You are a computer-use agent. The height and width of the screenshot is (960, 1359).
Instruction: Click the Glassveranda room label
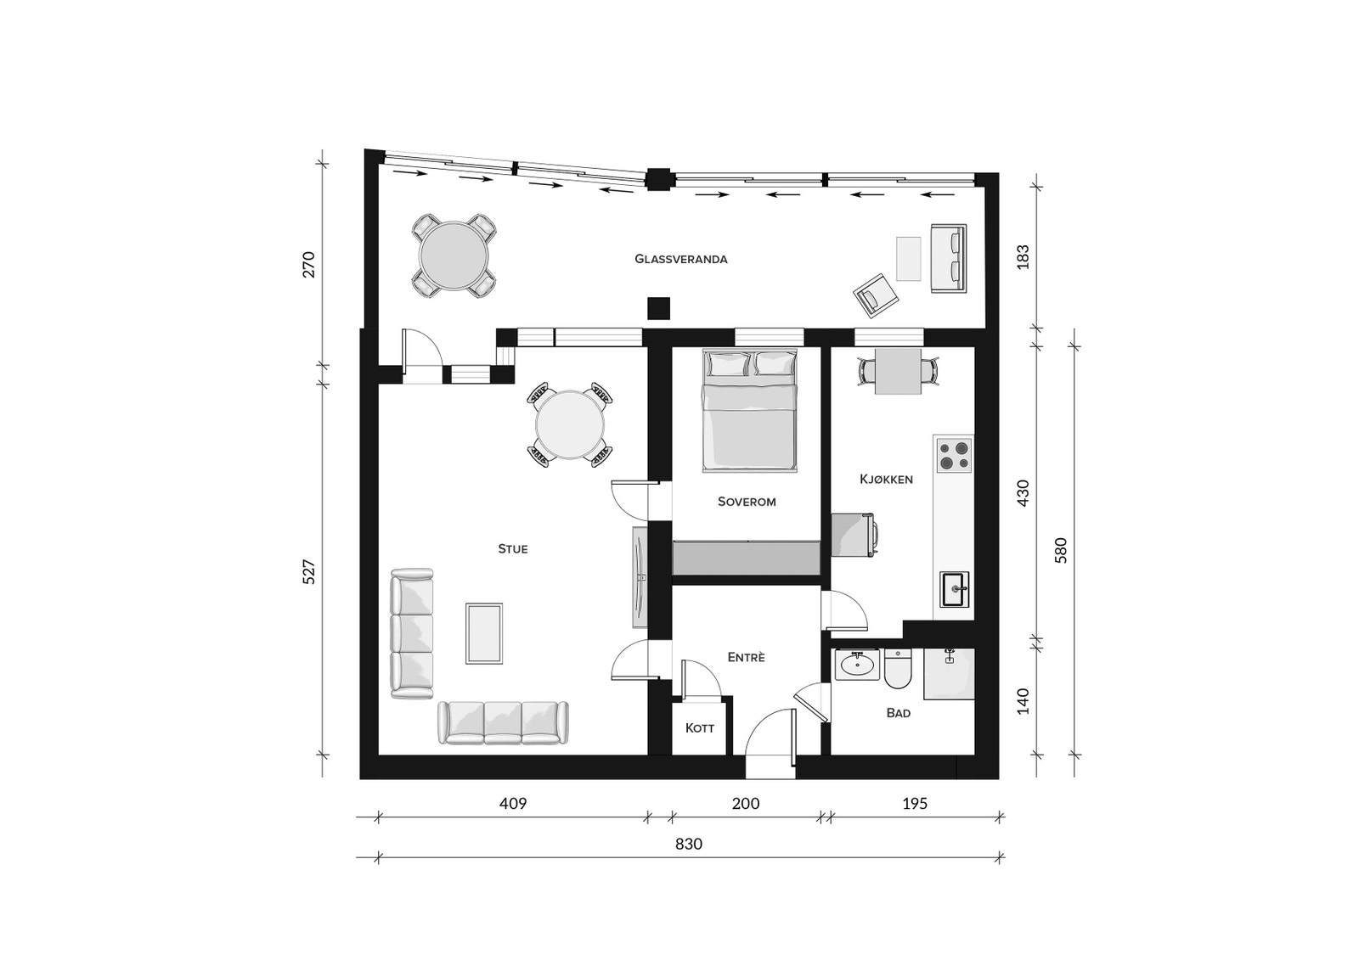point(680,260)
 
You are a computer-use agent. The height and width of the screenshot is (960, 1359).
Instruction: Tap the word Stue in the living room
point(513,549)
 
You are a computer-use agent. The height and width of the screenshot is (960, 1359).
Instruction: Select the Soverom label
point(747,502)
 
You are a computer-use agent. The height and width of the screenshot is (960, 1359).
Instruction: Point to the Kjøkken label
point(887,479)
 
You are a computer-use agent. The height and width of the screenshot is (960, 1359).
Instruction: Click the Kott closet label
point(700,727)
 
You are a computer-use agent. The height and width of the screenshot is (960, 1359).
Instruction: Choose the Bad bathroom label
point(899,713)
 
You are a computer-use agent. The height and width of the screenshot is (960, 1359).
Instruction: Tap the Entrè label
point(747,657)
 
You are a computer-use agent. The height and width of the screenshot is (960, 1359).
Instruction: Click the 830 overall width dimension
point(689,845)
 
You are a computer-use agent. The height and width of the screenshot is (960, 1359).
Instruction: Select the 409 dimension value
point(513,804)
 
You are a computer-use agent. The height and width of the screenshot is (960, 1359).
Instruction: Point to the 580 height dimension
point(1061,551)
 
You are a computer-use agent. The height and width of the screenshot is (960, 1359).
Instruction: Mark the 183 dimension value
point(1023,256)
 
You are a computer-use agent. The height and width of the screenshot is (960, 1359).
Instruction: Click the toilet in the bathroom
point(897,669)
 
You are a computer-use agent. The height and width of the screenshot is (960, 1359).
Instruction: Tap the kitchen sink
point(955,589)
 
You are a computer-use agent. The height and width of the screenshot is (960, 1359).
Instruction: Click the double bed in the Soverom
point(749,410)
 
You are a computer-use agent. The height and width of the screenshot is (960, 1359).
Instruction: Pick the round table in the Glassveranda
point(454,255)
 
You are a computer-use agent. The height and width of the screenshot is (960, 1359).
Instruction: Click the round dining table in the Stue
point(570,424)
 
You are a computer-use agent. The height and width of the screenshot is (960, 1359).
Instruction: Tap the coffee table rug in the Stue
point(484,633)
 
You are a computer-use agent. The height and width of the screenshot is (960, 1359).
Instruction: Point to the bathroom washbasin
point(857,665)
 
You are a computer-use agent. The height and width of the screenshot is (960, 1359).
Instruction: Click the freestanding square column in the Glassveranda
point(659,308)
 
